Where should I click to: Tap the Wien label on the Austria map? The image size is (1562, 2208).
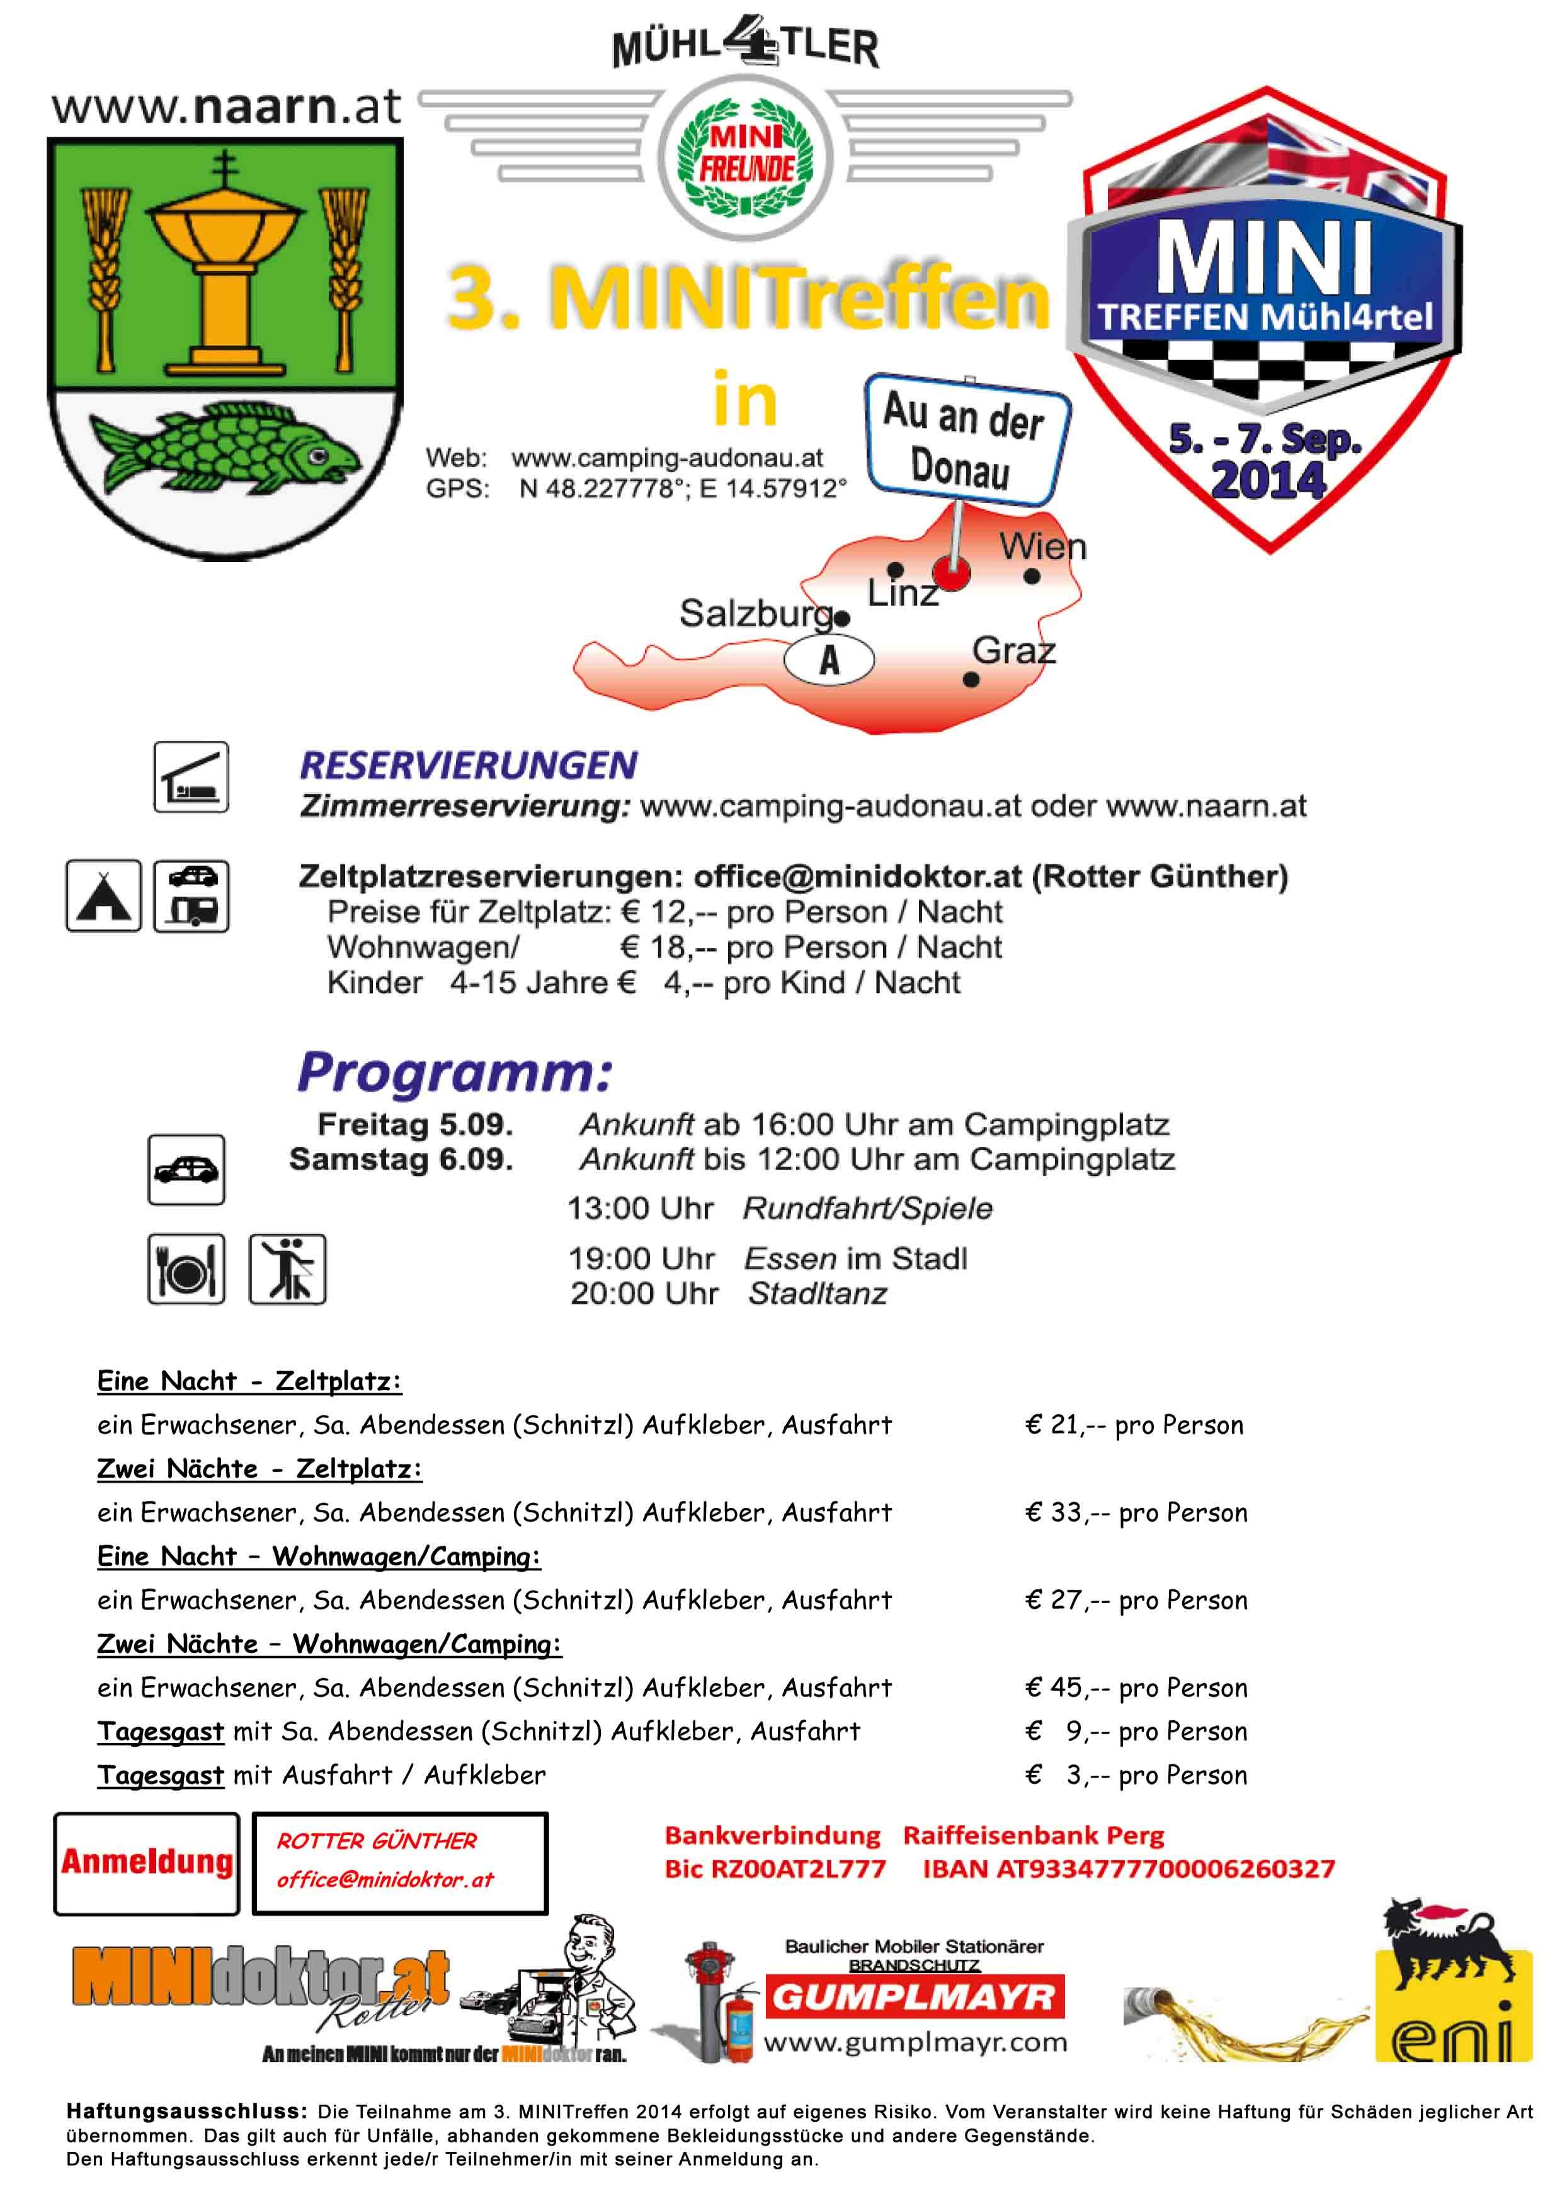tap(1042, 548)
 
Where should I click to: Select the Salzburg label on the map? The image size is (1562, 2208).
tap(756, 613)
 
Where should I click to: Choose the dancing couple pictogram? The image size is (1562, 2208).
tap(288, 1269)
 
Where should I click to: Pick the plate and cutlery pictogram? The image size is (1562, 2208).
tap(186, 1269)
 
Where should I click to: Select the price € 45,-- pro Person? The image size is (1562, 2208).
tap(1136, 1688)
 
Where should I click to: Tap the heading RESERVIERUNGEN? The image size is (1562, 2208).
tap(469, 766)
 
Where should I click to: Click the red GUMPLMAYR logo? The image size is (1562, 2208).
tap(914, 1998)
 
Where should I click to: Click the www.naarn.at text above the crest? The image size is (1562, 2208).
tap(226, 106)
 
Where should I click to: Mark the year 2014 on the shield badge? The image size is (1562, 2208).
tap(1268, 480)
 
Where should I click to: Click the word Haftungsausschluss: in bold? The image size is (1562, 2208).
tap(186, 2112)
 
